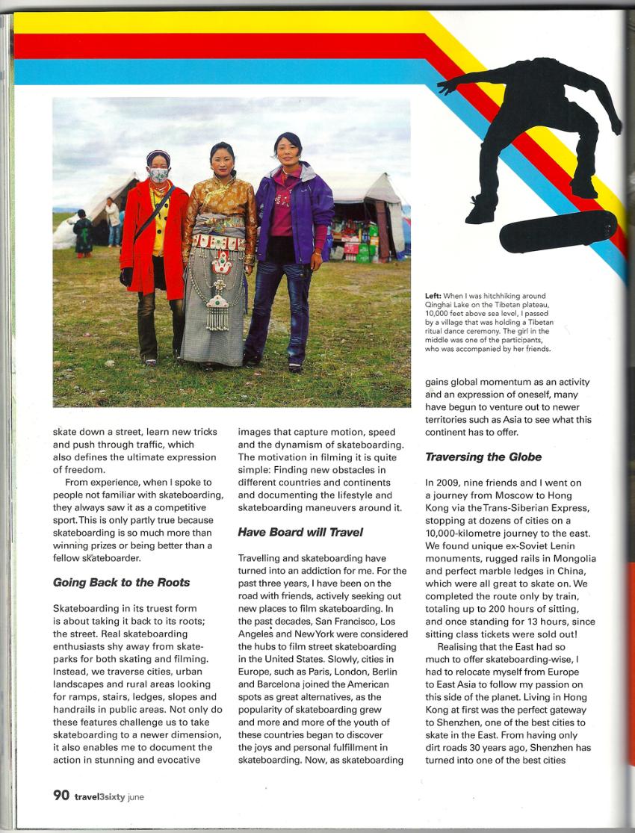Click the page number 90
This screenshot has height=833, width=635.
point(61,795)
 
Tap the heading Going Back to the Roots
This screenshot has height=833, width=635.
point(121,582)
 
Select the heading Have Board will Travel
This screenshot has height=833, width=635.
point(300,532)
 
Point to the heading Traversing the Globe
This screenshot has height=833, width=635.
point(483,456)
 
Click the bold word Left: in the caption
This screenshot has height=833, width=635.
point(434,297)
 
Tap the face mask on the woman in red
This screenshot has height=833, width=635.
point(158,176)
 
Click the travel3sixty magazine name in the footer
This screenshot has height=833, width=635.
point(99,796)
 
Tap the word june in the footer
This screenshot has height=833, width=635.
point(136,796)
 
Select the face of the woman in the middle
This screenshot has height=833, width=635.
point(222,161)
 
